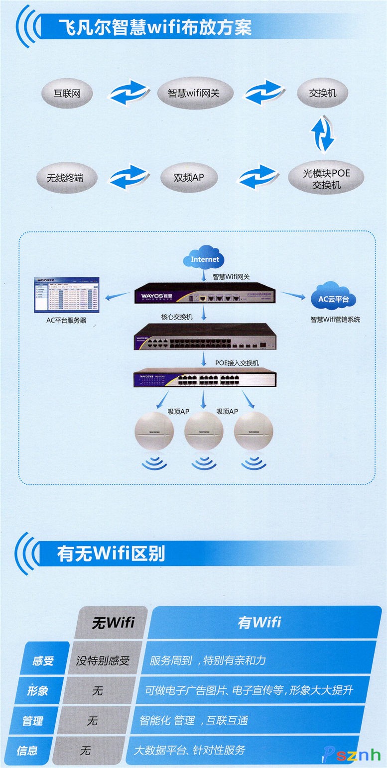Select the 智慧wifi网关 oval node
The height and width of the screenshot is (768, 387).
coord(194,93)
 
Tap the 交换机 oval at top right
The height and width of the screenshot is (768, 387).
coord(322,93)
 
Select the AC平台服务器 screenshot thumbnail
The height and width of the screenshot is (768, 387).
coord(66,295)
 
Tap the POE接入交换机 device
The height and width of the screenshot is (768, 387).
coord(204,380)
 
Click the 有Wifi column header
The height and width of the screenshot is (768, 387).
coord(259,622)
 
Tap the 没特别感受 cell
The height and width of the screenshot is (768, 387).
coord(103,661)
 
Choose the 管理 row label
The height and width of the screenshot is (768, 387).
coord(32,720)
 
